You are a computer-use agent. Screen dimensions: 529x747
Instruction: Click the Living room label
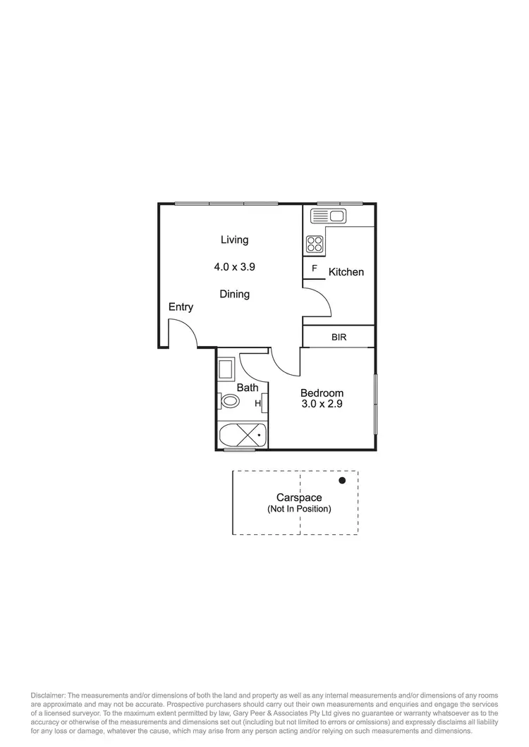[x=234, y=240]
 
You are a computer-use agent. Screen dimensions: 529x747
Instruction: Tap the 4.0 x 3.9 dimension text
[x=234, y=267]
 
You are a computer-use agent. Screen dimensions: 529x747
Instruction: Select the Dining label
[x=234, y=294]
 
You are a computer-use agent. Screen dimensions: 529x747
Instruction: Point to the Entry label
[x=181, y=307]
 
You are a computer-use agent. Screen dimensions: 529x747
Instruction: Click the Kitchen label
[x=346, y=272]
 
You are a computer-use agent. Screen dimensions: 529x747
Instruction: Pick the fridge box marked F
[x=314, y=268]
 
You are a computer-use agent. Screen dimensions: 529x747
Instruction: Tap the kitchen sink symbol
[x=327, y=216]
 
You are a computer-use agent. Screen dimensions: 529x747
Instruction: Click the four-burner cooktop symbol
[x=315, y=245]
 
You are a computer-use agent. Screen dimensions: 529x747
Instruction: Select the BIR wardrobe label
[x=339, y=338]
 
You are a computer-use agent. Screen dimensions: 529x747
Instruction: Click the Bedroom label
[x=322, y=393]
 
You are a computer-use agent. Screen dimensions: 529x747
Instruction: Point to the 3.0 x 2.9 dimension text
[x=322, y=405]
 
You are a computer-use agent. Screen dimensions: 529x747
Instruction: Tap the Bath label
[x=248, y=388]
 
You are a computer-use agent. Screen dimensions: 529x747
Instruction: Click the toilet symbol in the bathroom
[x=230, y=402]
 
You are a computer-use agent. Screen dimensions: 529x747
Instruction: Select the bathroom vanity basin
[x=226, y=370]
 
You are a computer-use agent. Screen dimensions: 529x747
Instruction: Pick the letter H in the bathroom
[x=258, y=404]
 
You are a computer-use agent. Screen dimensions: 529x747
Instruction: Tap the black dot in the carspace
[x=342, y=481]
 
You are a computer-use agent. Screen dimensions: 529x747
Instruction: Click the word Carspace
[x=299, y=498]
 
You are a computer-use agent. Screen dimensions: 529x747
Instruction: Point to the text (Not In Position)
[x=299, y=509]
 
